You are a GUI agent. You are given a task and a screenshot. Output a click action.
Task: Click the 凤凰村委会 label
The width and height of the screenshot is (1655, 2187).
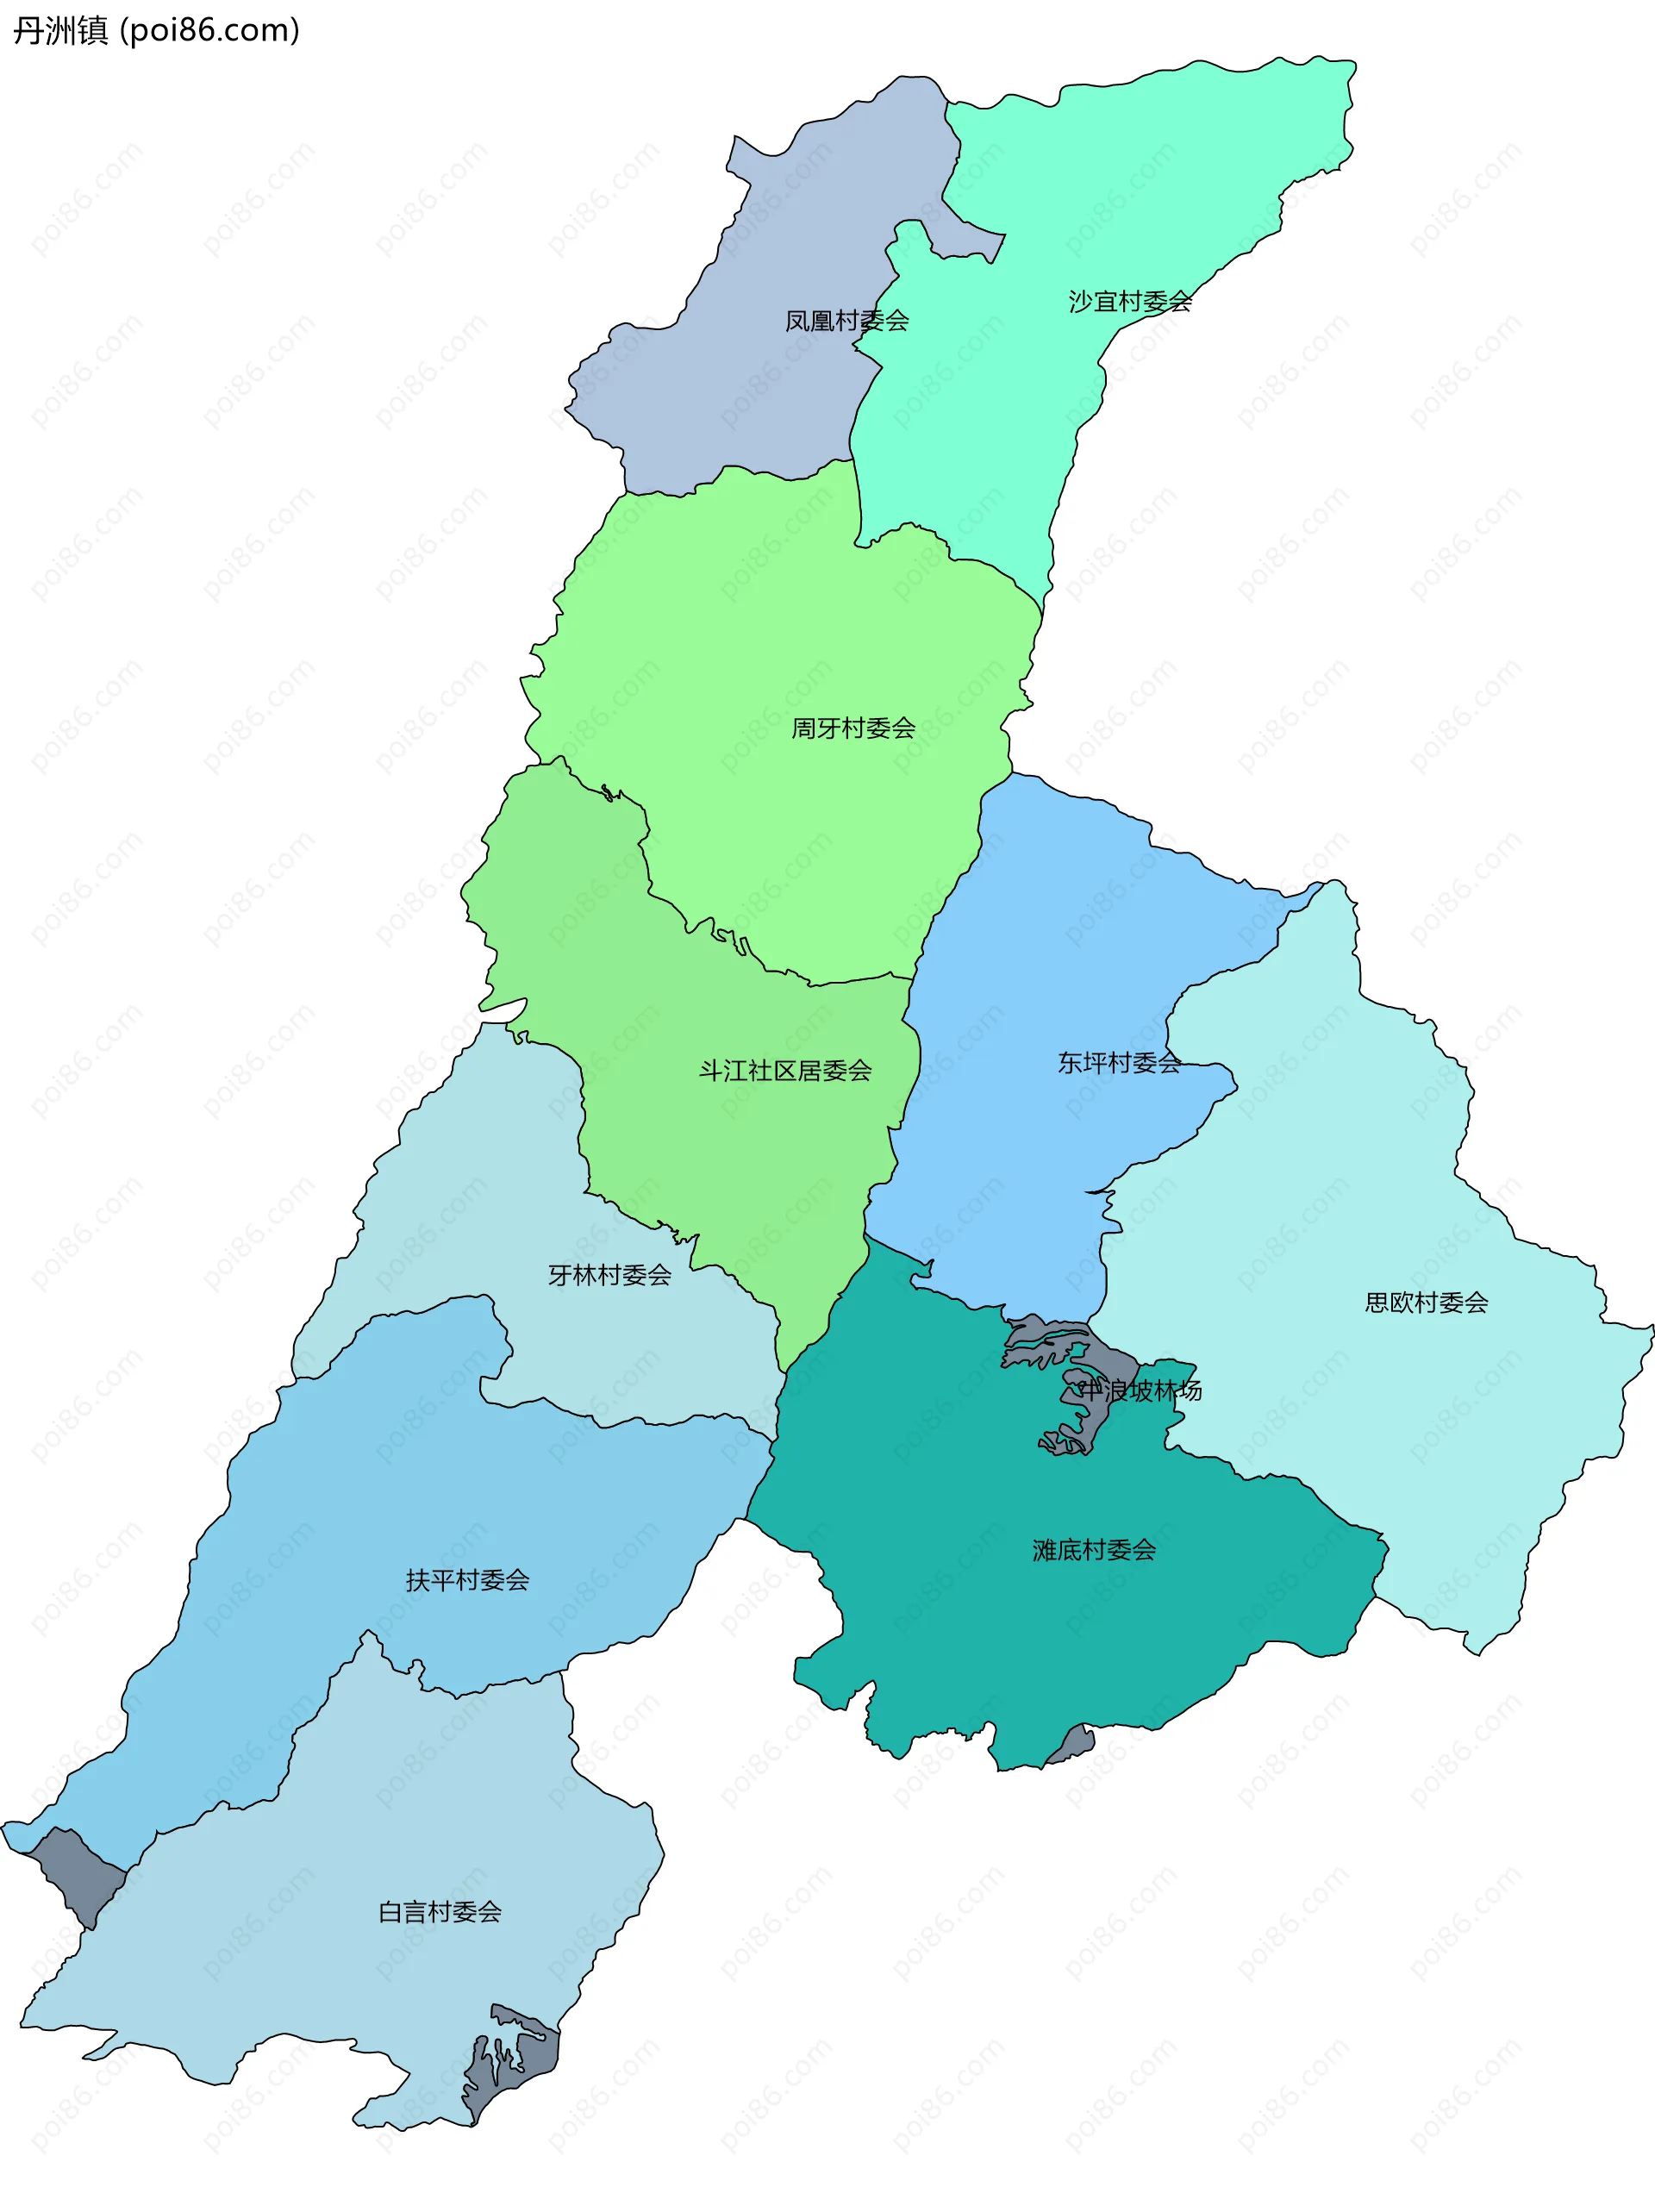click(846, 321)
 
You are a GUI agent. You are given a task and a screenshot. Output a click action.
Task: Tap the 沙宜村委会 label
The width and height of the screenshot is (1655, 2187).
click(1130, 302)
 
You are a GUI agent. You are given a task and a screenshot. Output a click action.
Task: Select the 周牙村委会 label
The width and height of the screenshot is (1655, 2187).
click(853, 728)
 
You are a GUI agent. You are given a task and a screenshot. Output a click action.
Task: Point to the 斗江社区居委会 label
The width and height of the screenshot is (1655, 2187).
click(785, 1071)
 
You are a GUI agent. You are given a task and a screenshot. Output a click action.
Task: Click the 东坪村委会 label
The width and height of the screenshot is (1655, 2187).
click(1119, 1063)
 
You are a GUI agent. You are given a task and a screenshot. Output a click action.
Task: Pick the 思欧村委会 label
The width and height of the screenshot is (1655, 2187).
click(1426, 1303)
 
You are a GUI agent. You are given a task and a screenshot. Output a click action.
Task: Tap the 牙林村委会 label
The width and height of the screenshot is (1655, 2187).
click(610, 1276)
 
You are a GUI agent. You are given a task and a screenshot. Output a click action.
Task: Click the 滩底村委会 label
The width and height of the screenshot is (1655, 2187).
click(1094, 1549)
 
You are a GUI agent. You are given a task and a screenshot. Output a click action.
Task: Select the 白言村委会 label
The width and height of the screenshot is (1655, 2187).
click(440, 1912)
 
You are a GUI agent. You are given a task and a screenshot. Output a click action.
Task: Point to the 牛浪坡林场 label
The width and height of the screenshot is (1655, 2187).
click(1140, 1391)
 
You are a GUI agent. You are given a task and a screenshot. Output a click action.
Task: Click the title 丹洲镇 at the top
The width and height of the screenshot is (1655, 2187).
click(59, 31)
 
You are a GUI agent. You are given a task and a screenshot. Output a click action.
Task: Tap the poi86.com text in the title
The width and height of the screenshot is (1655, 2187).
click(209, 31)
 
